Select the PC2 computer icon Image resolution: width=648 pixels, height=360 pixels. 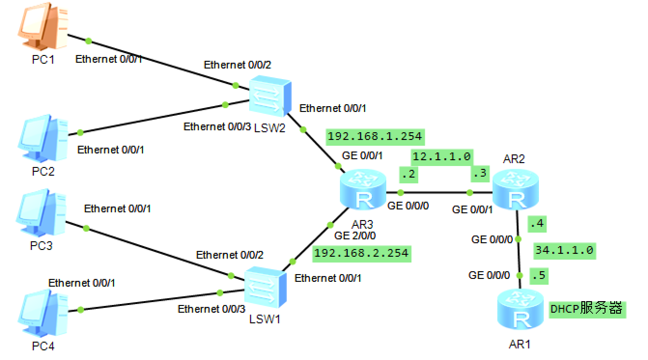point(42,138)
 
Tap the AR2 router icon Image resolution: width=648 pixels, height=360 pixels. point(515,190)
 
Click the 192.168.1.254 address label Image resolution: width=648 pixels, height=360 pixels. point(375,137)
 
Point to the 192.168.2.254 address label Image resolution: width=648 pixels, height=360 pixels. point(361,253)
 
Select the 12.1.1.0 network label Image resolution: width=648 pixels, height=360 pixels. point(442,156)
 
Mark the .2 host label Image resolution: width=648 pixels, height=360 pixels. point(408,174)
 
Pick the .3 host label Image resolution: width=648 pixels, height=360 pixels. point(480,174)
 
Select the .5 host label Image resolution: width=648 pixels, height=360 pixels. point(538,275)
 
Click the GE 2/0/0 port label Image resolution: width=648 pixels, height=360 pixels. point(355,236)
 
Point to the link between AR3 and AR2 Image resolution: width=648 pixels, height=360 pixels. point(435,193)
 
